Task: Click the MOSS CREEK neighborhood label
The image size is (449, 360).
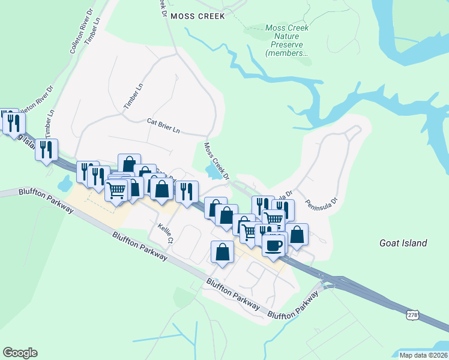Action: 197,16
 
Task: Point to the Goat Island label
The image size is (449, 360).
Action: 403,243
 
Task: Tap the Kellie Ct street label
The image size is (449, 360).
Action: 165,233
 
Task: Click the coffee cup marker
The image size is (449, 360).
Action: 274,244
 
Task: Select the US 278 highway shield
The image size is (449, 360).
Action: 412,314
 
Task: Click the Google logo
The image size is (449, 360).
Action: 20,353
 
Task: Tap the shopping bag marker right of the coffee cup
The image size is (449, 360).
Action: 297,234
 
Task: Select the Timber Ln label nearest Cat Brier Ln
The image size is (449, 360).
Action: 134,96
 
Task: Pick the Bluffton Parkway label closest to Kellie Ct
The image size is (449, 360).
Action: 139,245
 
